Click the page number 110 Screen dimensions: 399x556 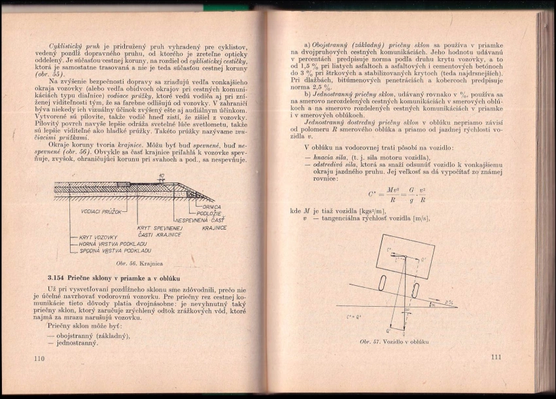coord(37,358)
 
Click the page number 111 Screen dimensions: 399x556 coord(495,356)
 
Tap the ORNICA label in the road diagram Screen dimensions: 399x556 coord(210,207)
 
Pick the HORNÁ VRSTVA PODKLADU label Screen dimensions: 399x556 coord(113,243)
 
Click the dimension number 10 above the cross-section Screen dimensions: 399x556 coord(160,175)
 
